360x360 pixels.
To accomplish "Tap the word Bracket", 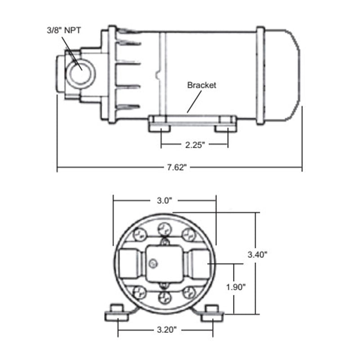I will click(202, 85).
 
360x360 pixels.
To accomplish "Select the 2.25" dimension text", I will click(194, 145).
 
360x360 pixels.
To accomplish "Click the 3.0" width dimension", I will click(165, 201).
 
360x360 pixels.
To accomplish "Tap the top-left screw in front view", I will click(140, 234).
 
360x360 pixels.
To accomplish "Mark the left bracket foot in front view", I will click(117, 313).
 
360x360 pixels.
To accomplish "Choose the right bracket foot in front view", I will click(212, 313).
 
